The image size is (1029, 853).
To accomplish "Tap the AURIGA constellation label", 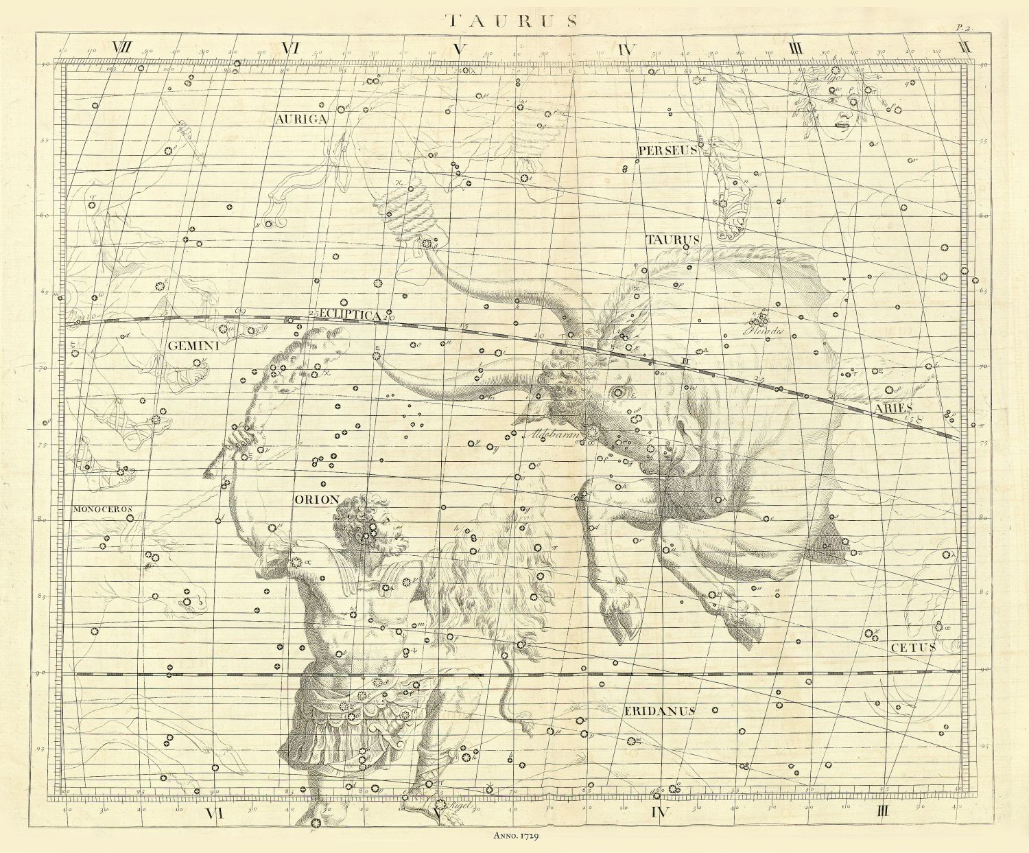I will (x=301, y=119).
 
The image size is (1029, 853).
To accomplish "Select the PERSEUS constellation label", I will (x=667, y=150).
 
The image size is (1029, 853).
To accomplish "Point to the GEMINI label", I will (x=193, y=347).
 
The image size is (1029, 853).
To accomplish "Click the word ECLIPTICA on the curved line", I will (x=351, y=314).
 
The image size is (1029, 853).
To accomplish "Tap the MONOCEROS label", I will (x=101, y=509).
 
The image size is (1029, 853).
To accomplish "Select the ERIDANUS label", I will (x=659, y=711).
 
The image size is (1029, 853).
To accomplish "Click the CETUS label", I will (x=913, y=647).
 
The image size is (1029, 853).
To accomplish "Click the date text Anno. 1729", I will (x=514, y=836).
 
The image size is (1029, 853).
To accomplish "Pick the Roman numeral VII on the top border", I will (x=122, y=49).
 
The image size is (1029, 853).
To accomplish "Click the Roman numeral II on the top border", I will (x=966, y=48).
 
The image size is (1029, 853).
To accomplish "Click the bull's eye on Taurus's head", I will (x=621, y=393).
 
